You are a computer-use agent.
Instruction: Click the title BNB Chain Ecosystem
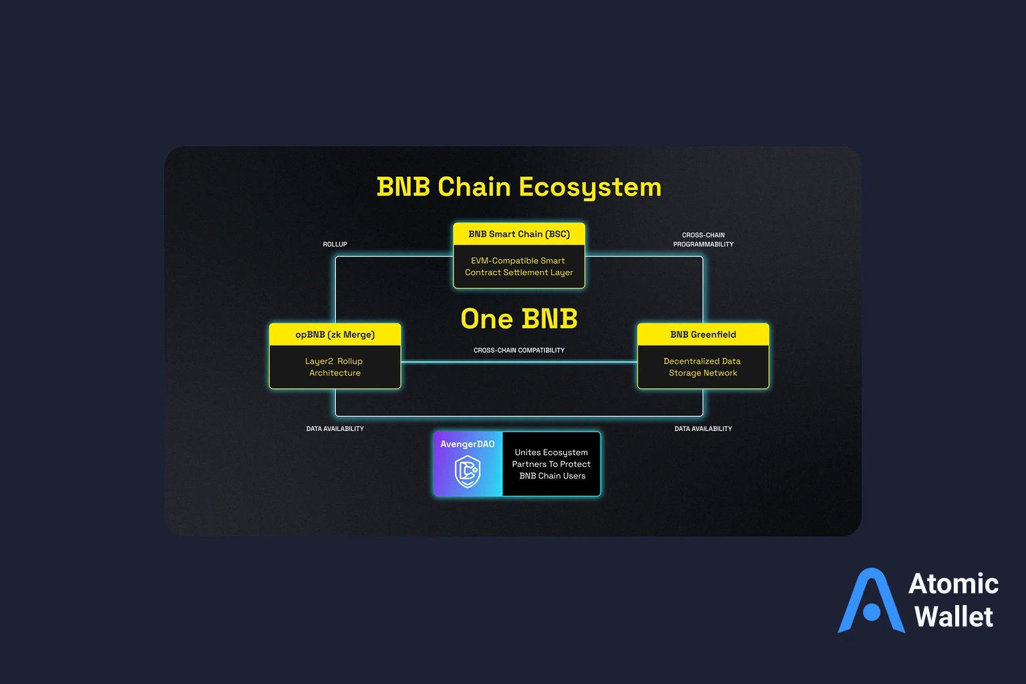coord(519,187)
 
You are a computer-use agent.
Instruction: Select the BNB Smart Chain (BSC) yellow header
coord(519,234)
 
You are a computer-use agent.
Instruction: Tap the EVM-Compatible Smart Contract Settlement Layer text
coord(519,267)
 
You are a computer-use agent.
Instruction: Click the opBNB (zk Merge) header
coord(335,335)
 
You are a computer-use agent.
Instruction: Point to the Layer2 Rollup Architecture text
coord(335,367)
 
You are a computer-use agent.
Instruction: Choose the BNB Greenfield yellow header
coord(703,335)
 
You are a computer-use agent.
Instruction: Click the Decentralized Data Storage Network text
coord(703,367)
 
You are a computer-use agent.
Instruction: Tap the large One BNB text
coord(519,319)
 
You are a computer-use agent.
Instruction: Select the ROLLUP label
coord(335,244)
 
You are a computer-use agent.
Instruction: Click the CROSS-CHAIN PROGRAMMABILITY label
coord(703,240)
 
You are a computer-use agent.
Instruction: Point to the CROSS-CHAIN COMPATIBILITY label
coord(519,350)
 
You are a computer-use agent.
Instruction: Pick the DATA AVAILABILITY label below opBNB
coord(335,429)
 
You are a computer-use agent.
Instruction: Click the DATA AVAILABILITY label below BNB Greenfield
coord(703,429)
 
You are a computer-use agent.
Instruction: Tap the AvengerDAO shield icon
coord(468,472)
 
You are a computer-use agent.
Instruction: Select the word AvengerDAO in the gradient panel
coord(468,444)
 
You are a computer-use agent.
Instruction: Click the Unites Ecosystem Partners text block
coord(552,464)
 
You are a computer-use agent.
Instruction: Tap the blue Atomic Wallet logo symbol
coord(871,601)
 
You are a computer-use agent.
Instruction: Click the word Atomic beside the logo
coord(953,584)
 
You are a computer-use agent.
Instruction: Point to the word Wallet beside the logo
coord(953,617)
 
